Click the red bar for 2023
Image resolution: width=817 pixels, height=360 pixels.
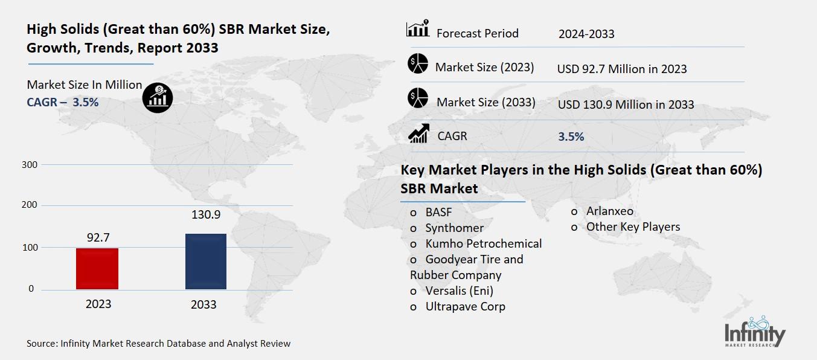click(97, 268)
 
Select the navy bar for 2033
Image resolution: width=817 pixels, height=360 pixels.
click(206, 261)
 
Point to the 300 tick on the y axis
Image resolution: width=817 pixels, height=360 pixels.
click(30, 165)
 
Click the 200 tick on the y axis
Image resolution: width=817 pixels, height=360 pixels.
click(30, 205)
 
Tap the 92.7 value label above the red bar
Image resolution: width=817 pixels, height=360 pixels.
click(98, 238)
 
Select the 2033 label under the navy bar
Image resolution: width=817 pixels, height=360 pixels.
click(203, 304)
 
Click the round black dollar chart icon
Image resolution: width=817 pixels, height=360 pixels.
click(158, 97)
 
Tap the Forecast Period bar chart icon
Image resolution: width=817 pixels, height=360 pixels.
click(418, 29)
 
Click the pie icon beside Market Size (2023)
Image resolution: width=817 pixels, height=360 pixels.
click(417, 64)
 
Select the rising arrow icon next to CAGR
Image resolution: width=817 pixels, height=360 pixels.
click(418, 133)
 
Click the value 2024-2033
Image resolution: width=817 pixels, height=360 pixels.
click(586, 34)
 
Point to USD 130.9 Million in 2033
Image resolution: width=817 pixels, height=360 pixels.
click(626, 104)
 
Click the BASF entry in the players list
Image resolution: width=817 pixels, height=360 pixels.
click(438, 212)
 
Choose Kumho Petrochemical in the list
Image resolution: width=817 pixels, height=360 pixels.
click(483, 243)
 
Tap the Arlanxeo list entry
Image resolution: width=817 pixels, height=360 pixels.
click(609, 211)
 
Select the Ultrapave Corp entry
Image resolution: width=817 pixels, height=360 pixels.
click(465, 306)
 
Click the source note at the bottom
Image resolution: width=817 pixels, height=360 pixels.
click(158, 343)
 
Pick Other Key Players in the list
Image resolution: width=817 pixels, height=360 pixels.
click(633, 227)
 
